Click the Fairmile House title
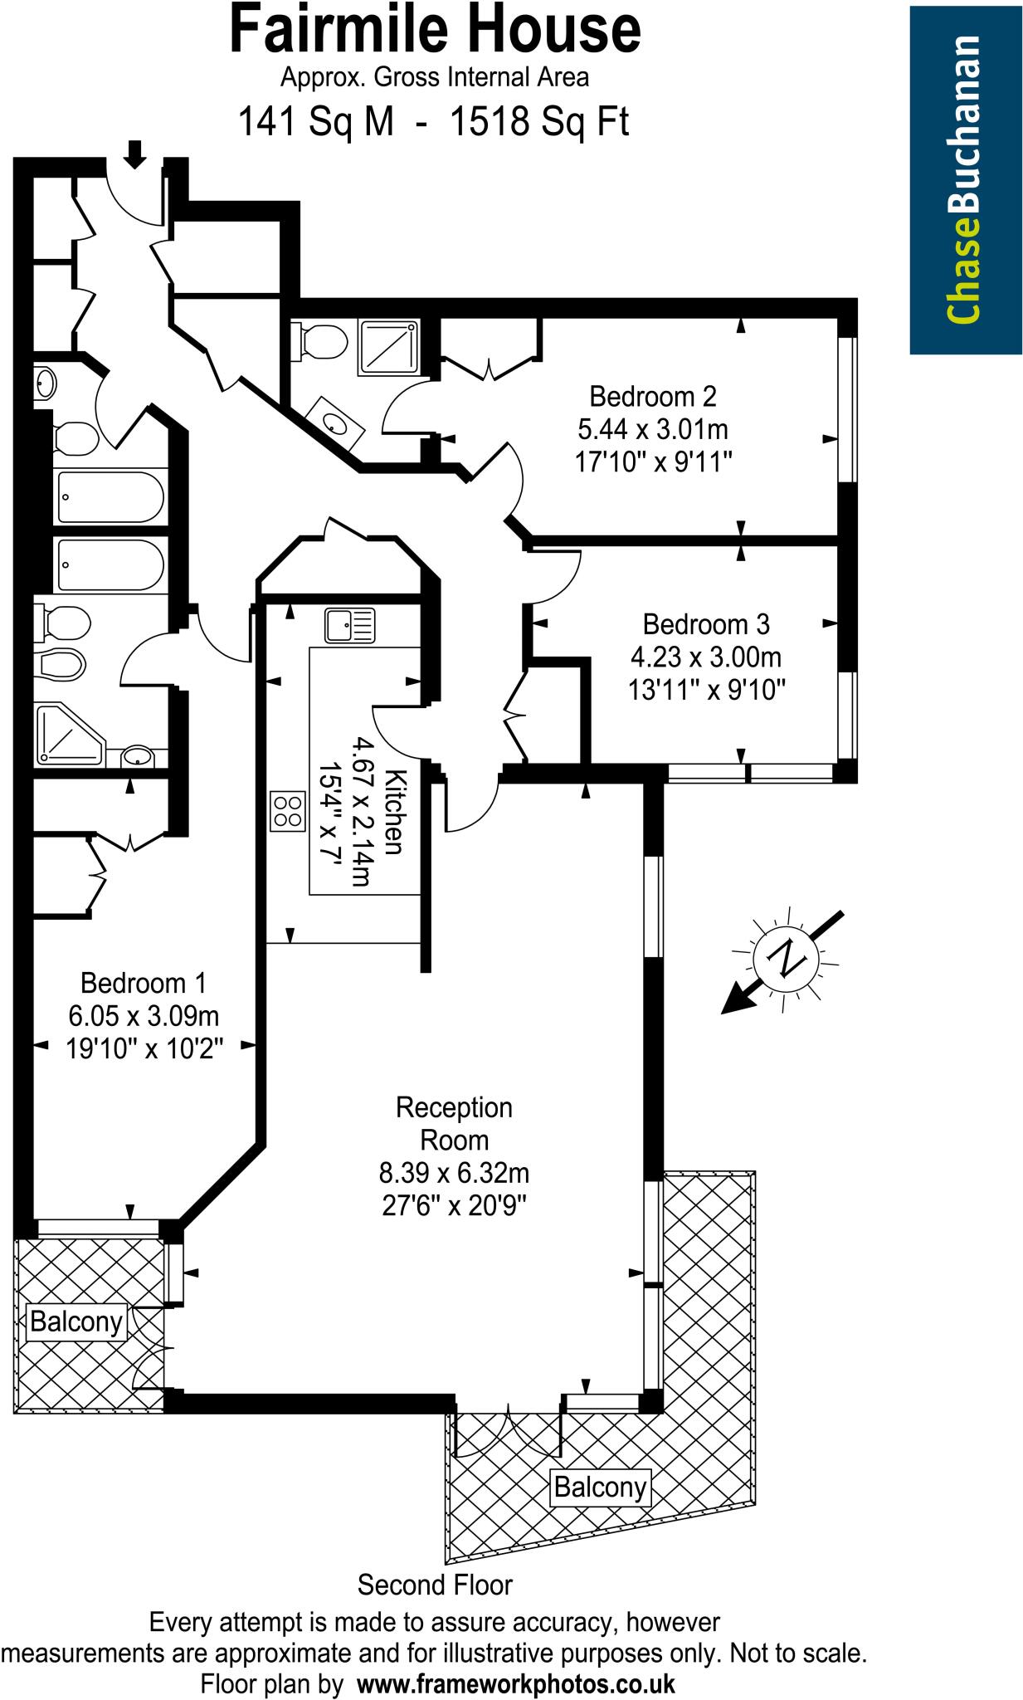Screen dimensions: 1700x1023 pyautogui.click(x=435, y=30)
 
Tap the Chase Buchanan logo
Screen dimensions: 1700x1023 pyautogui.click(x=964, y=179)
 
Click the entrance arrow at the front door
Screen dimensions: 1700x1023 pyautogui.click(x=134, y=153)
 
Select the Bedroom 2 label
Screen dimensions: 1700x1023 pyautogui.click(x=652, y=396)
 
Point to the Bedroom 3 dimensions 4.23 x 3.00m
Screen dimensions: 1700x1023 pyautogui.click(x=706, y=657)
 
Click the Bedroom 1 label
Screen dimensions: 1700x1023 pyautogui.click(x=143, y=983)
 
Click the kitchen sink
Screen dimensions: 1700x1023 pyautogui.click(x=349, y=625)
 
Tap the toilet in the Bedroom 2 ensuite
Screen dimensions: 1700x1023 pyautogui.click(x=320, y=340)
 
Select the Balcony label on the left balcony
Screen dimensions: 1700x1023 pyautogui.click(x=76, y=1321)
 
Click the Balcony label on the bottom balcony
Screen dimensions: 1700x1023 pyautogui.click(x=600, y=1486)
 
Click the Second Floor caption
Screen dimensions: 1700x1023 pyautogui.click(x=435, y=1585)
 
